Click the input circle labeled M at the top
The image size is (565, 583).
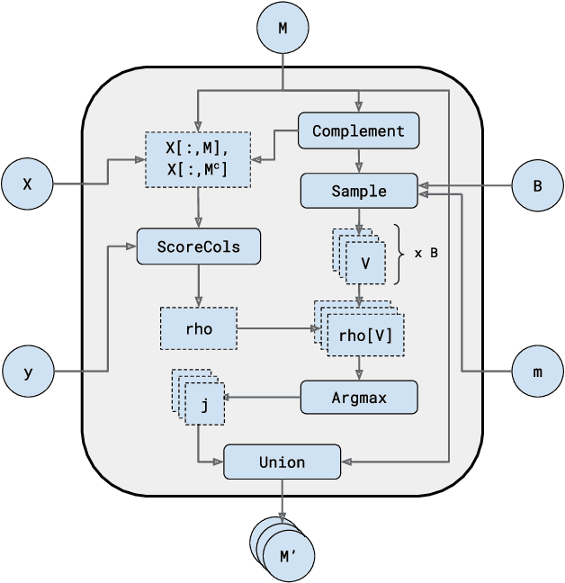click(x=282, y=28)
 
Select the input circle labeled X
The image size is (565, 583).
click(x=28, y=184)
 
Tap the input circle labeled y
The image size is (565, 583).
click(x=28, y=371)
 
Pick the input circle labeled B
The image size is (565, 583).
click(x=537, y=187)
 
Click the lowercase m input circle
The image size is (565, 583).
click(x=537, y=371)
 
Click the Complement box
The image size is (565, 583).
click(x=358, y=130)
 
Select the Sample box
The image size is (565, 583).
click(x=358, y=191)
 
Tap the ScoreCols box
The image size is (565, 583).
click(x=199, y=246)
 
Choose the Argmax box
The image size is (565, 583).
click(x=358, y=397)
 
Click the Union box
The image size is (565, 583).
click(x=282, y=462)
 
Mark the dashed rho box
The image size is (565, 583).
click(x=199, y=328)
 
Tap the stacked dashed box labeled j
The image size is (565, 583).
click(x=202, y=404)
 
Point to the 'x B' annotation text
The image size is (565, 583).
click(x=426, y=253)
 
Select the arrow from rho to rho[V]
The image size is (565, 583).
click(x=274, y=328)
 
